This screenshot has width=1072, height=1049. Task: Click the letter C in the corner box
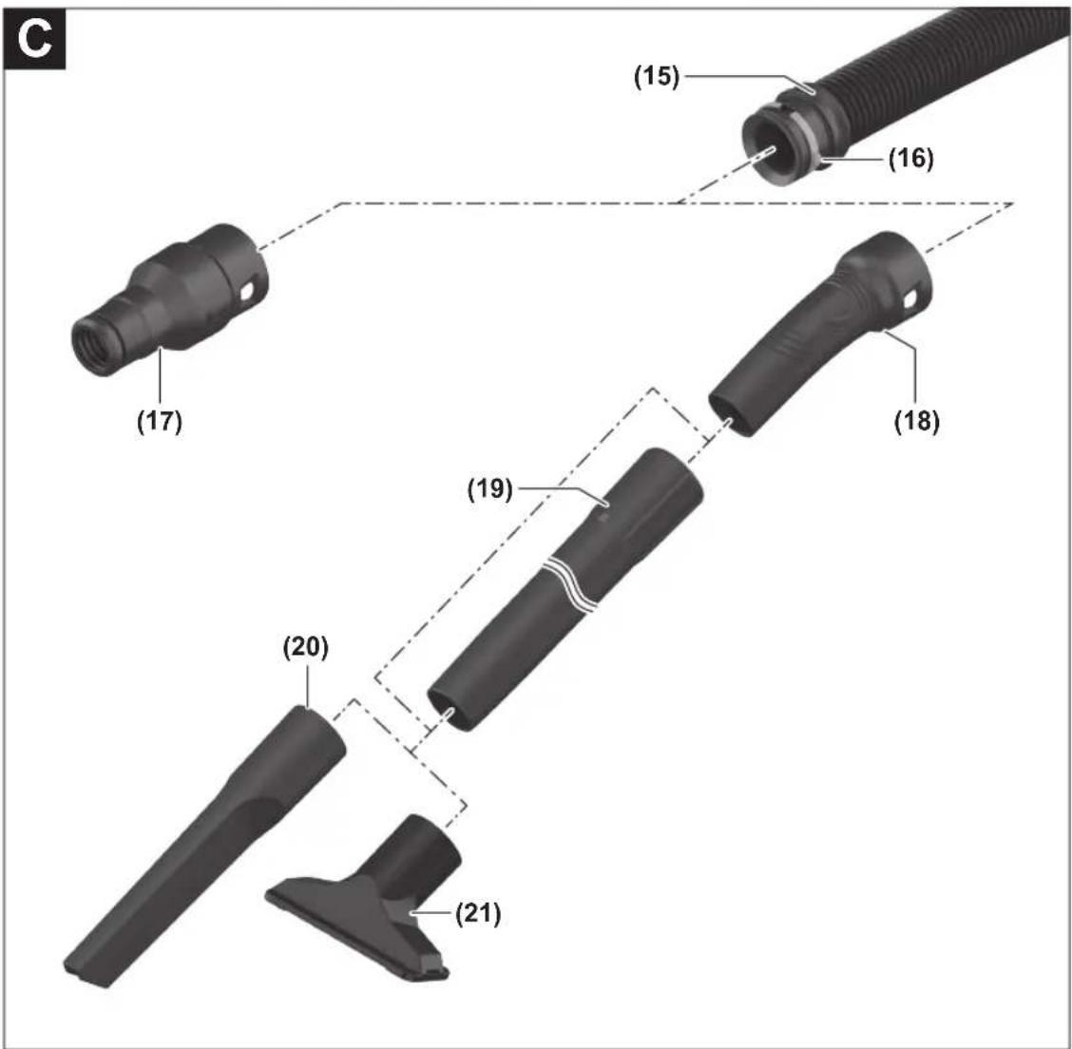(x=34, y=40)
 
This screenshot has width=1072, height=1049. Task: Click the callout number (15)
(x=657, y=77)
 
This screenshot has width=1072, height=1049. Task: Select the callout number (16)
(x=910, y=160)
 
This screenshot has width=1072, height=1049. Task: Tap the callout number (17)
(x=160, y=421)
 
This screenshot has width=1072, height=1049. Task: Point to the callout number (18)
(x=917, y=421)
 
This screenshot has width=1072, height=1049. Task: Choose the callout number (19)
(x=489, y=489)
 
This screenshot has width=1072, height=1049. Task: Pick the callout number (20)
(x=306, y=647)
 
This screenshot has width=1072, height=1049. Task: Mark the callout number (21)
(x=478, y=914)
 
